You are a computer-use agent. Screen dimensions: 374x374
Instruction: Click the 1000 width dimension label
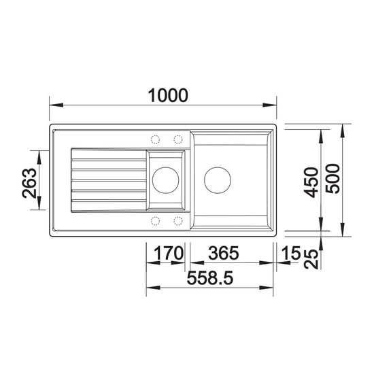[168, 95]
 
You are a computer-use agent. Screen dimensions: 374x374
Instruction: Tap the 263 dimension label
[29, 183]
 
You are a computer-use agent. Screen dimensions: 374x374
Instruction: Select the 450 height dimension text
[312, 182]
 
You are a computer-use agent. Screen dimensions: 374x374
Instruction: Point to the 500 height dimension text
[333, 178]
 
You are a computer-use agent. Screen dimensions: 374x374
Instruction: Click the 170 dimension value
[169, 253]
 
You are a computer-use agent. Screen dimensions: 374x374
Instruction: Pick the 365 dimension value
[224, 253]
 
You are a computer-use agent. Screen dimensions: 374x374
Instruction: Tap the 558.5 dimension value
[210, 278]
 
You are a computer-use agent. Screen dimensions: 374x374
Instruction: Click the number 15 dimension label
[291, 253]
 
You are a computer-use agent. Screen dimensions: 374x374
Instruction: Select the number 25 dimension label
[312, 259]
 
